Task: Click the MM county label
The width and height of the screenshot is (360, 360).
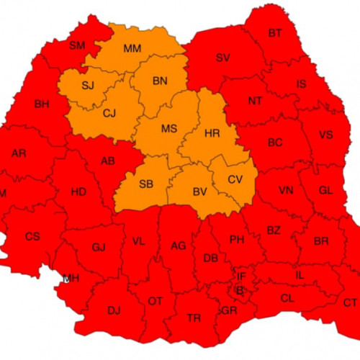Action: [x=132, y=49]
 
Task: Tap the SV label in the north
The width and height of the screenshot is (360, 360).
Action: [x=222, y=58]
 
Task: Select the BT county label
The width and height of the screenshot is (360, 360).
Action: [x=275, y=33]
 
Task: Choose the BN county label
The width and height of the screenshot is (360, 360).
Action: [x=160, y=81]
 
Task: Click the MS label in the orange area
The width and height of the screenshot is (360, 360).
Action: [x=169, y=129]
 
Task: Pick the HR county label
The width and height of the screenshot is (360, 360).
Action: [x=212, y=134]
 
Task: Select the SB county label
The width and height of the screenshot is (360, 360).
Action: [x=145, y=184]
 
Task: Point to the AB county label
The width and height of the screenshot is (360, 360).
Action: [x=109, y=161]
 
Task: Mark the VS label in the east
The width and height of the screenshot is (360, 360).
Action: [x=327, y=134]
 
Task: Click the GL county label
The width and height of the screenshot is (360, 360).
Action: [x=325, y=191]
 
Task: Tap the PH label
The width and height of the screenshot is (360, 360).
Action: [x=237, y=240]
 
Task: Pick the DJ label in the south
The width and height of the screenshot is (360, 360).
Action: [x=114, y=311]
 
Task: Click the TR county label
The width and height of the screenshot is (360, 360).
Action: [x=194, y=318]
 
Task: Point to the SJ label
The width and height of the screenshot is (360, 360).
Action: [x=88, y=86]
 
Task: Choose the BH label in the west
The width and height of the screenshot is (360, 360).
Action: [x=41, y=104]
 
